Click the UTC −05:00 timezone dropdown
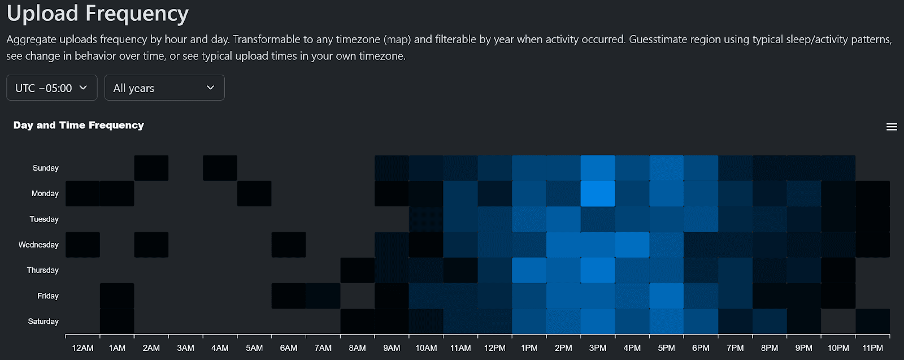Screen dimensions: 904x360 (51, 88)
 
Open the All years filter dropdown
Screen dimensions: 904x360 (164, 88)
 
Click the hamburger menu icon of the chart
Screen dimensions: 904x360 (892, 127)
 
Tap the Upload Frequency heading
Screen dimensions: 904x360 (98, 13)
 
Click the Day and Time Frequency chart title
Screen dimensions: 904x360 (79, 125)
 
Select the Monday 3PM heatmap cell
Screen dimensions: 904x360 (598, 194)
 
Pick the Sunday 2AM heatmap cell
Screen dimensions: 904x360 (151, 168)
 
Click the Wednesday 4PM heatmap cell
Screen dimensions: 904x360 (632, 245)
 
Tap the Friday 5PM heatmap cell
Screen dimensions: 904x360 (666, 296)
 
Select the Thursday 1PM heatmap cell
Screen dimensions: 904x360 (529, 270)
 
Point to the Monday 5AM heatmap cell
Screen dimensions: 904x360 (254, 194)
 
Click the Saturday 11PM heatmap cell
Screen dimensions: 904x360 (872, 321)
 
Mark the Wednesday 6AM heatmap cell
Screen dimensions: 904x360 (289, 245)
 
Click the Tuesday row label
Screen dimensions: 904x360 (44, 219)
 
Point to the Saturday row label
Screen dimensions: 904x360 (43, 321)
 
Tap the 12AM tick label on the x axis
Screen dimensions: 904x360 (82, 348)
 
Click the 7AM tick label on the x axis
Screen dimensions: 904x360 (323, 348)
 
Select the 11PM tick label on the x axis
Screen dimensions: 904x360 (872, 348)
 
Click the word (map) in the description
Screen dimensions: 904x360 (397, 40)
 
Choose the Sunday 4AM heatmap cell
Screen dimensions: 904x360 (220, 168)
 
